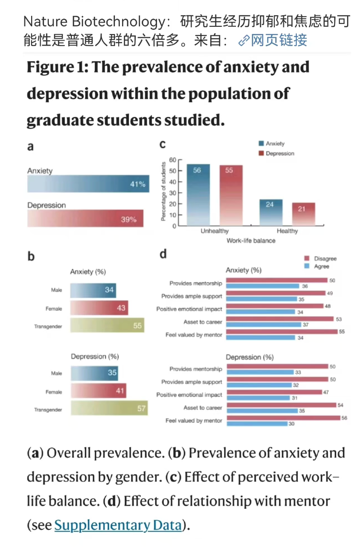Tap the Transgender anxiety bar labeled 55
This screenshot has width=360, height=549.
107,326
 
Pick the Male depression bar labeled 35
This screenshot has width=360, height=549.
94,373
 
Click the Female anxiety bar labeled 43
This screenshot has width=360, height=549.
99,308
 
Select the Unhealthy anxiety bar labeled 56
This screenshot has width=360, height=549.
198,194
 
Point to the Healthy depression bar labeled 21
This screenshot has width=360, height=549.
304,214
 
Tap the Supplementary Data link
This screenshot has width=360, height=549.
118,525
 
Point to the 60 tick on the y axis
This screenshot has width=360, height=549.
173,160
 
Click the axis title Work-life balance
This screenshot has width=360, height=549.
251,240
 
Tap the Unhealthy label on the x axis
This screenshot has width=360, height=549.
214,231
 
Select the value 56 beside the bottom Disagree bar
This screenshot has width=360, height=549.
344,418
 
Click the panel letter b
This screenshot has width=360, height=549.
31,256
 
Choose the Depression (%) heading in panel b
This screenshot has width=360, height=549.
95,356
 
